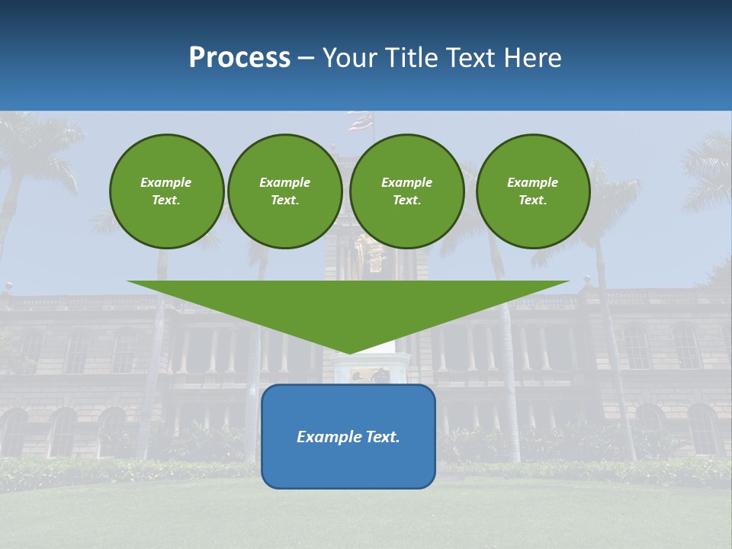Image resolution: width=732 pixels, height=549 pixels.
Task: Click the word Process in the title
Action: pyautogui.click(x=239, y=58)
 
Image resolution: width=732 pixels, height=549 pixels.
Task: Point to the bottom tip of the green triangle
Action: pyautogui.click(x=348, y=352)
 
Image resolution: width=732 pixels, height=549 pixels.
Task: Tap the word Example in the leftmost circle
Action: pyautogui.click(x=166, y=182)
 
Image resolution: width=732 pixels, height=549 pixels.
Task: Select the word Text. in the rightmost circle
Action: pyautogui.click(x=532, y=200)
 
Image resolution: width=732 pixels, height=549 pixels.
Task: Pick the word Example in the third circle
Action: pyautogui.click(x=406, y=182)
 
